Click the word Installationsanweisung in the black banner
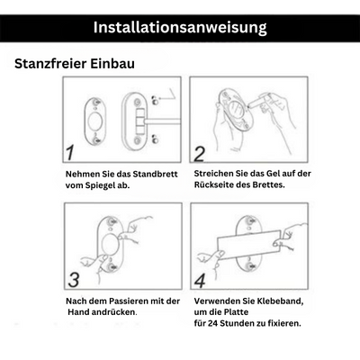pos(180,27)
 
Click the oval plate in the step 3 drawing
pos(110,246)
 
